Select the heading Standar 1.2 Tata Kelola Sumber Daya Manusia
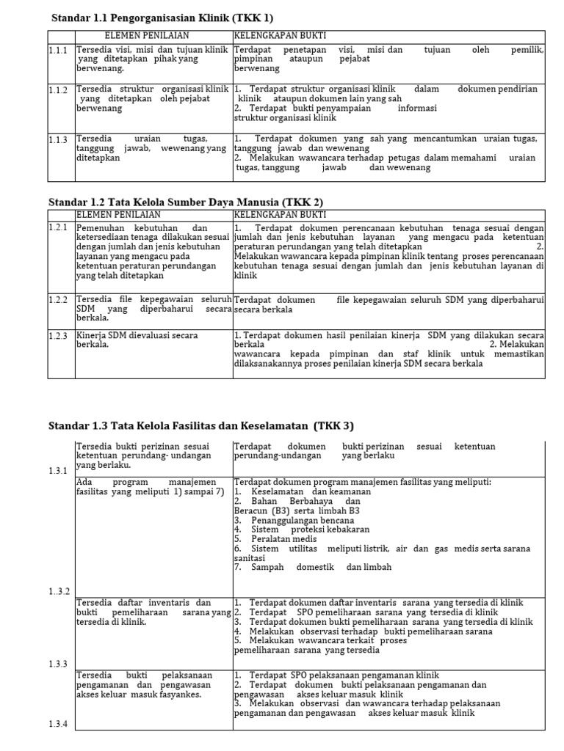coord(186,202)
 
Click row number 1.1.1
coord(58,51)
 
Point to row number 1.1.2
coord(58,90)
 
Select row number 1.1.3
coord(58,139)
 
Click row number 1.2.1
coord(58,227)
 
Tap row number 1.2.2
coord(58,300)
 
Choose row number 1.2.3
coord(58,336)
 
